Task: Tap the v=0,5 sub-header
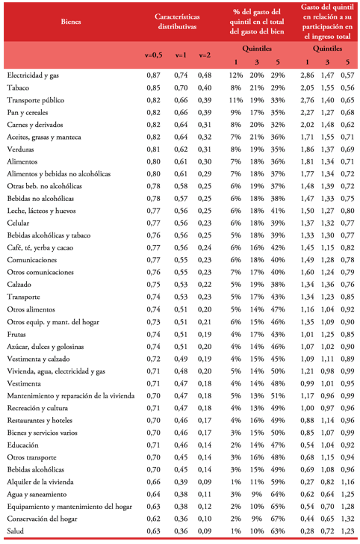point(153,55)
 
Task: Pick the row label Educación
point(22,445)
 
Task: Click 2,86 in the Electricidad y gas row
point(306,75)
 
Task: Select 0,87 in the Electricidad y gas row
point(153,75)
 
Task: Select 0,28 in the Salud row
point(306,531)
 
